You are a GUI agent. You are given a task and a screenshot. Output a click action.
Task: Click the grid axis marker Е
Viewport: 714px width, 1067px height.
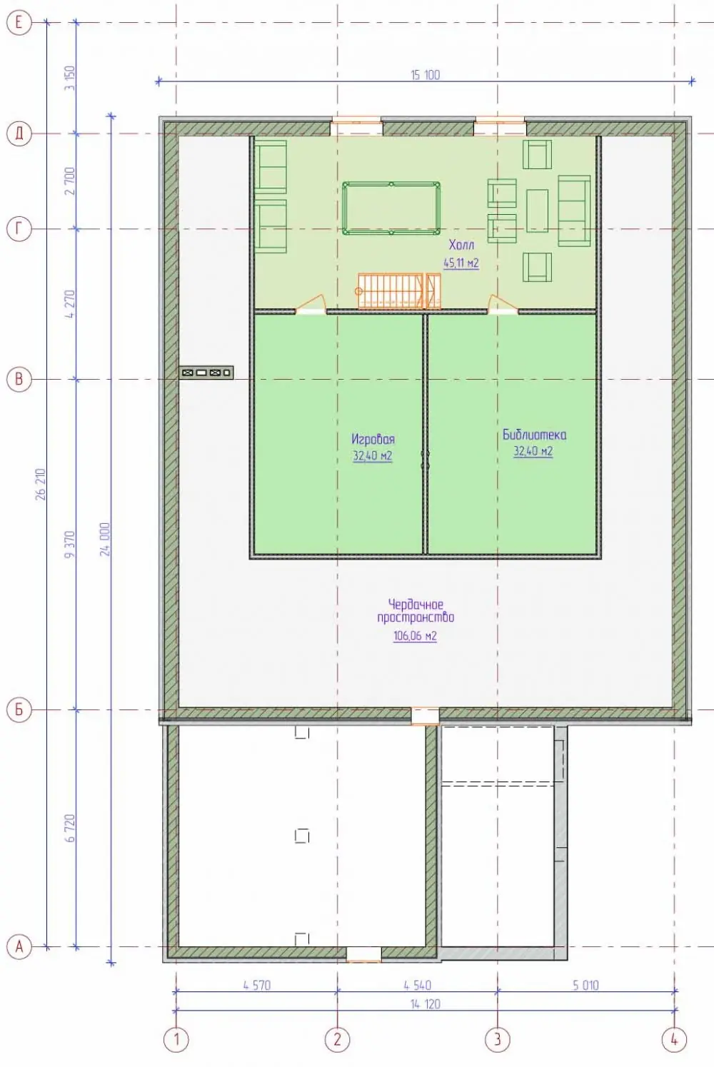click(x=19, y=22)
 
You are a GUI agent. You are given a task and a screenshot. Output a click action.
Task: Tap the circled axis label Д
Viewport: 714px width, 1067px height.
click(x=19, y=134)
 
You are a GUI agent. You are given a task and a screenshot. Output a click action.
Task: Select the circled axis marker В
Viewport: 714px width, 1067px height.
click(x=19, y=379)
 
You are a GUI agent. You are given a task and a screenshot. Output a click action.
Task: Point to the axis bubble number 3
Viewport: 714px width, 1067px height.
click(x=498, y=1038)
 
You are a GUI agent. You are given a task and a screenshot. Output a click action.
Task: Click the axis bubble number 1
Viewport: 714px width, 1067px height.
click(x=176, y=1038)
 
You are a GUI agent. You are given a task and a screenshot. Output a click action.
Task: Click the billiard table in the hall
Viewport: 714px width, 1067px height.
click(x=391, y=208)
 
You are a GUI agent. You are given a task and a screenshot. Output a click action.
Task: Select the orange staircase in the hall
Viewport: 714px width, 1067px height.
click(x=399, y=290)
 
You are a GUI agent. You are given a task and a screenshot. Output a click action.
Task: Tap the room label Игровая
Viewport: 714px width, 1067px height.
click(x=373, y=439)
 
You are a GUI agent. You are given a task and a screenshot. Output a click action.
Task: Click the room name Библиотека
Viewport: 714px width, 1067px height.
click(x=534, y=435)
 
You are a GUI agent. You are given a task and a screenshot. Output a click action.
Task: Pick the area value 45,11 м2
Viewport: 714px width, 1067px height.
click(x=461, y=263)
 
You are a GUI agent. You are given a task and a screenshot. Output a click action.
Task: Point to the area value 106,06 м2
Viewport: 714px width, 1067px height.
click(x=415, y=635)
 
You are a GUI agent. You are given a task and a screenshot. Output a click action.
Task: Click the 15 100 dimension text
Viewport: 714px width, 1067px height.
click(x=425, y=75)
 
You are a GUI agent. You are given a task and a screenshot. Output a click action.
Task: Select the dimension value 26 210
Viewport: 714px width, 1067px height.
click(x=41, y=484)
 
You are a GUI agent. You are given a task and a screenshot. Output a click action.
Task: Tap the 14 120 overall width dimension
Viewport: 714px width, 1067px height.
click(x=425, y=1004)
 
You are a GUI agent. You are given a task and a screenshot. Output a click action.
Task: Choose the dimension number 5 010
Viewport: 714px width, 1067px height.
click(x=585, y=985)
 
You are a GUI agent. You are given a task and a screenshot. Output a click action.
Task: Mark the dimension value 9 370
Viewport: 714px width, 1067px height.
click(x=70, y=545)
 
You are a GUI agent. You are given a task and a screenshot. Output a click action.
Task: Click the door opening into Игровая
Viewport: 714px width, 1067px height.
click(x=311, y=305)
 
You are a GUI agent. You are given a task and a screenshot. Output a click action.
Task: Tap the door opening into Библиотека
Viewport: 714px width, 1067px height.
click(x=503, y=305)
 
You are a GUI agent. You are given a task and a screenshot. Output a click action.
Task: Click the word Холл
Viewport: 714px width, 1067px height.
click(x=461, y=246)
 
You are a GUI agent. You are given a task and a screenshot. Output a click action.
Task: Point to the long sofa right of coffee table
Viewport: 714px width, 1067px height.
click(x=574, y=211)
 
